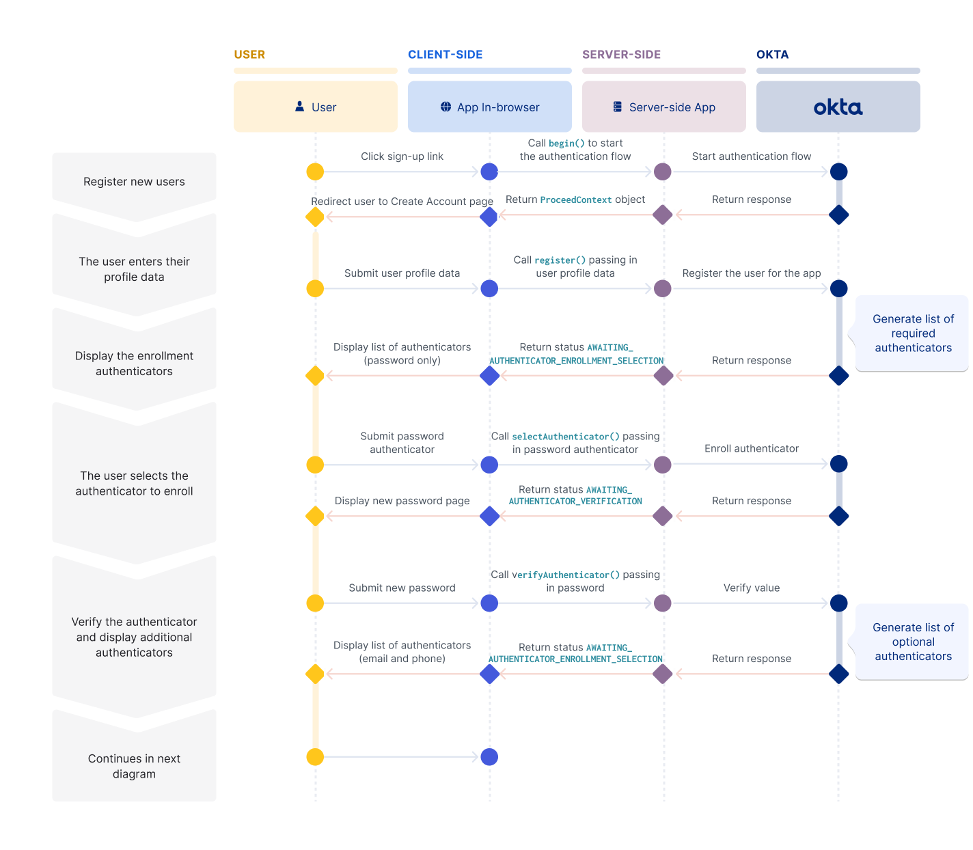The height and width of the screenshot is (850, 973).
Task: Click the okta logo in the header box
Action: [x=838, y=107]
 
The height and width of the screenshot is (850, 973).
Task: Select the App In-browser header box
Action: [x=489, y=107]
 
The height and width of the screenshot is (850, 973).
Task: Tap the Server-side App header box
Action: [x=663, y=107]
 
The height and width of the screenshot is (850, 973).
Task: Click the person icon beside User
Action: [x=299, y=107]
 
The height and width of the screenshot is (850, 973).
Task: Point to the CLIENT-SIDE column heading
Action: [x=445, y=55]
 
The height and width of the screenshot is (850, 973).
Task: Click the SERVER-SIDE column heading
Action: [x=621, y=55]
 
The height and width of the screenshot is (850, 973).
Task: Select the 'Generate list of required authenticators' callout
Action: [x=912, y=333]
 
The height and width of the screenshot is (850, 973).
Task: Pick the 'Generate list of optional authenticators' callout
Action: [x=912, y=642]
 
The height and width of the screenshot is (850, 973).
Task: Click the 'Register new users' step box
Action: [x=134, y=182]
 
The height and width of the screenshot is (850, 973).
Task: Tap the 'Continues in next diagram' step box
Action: [x=134, y=766]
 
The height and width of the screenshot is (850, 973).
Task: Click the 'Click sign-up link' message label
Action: [x=402, y=156]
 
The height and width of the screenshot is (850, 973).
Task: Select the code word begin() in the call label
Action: [x=566, y=143]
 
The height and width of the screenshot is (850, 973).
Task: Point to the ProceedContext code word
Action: [x=576, y=200]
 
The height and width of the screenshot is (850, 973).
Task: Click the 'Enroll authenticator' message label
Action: [x=751, y=449]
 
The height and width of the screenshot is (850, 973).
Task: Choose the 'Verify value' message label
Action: [x=751, y=588]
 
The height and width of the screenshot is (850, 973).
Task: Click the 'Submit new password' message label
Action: [x=402, y=588]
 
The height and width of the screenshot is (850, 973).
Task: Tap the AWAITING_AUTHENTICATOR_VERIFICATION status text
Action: [x=575, y=496]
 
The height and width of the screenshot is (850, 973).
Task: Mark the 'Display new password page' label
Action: [x=402, y=501]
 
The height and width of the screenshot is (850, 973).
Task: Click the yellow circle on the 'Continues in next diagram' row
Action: [x=315, y=757]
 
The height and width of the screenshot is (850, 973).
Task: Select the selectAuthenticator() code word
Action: [x=566, y=437]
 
